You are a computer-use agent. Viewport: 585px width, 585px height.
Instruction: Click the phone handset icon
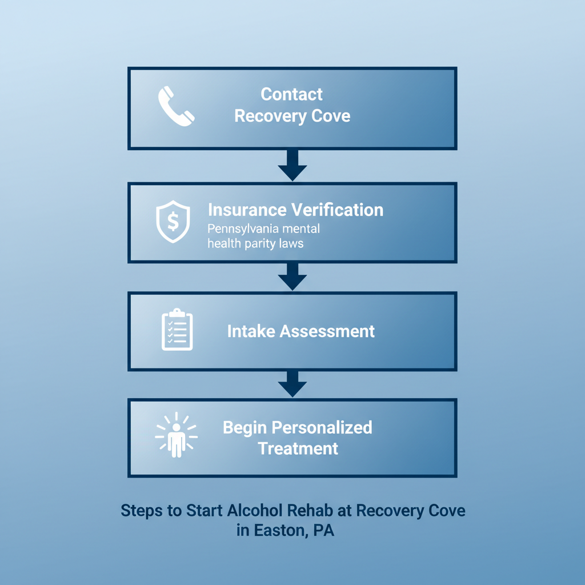coord(176,106)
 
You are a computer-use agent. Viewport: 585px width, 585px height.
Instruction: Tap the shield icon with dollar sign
coord(173,222)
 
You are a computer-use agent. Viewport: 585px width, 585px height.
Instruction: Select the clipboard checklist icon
coord(177,330)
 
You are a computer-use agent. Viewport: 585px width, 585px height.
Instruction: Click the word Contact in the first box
coord(291,94)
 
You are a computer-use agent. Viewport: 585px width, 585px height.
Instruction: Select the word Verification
coord(338,210)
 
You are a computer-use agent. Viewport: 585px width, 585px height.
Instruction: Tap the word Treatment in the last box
coord(298,448)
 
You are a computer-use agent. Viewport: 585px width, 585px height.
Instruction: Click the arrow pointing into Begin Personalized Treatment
coord(292,384)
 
